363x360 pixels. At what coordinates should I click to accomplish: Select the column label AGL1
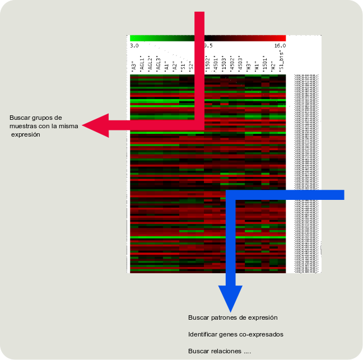[142, 64]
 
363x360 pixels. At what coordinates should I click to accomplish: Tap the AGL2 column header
[150, 64]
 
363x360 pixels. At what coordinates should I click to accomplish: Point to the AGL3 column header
[159, 64]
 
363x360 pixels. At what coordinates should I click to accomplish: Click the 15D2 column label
[207, 64]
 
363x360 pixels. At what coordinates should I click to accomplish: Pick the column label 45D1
[216, 64]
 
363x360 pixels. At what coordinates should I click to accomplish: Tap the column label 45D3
[240, 64]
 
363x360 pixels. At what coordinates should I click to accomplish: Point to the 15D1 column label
[264, 64]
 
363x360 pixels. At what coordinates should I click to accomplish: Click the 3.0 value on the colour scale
[134, 45]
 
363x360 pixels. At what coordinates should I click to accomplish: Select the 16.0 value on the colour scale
[280, 45]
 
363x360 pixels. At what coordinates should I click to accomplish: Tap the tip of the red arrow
[83, 125]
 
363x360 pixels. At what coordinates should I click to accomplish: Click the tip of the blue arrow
[230, 311]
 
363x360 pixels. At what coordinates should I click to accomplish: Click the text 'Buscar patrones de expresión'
[233, 317]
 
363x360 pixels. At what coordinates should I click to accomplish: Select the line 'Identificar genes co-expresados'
[236, 334]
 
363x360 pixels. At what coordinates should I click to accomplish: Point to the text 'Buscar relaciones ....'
[220, 351]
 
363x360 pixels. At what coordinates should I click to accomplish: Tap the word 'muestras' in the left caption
[22, 126]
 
